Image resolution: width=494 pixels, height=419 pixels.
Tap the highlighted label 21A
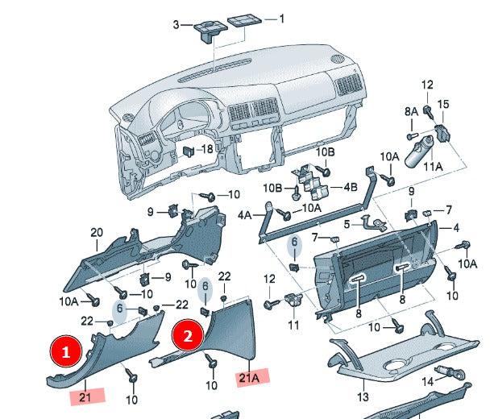tap(249, 377)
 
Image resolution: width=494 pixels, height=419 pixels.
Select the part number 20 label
tap(97, 234)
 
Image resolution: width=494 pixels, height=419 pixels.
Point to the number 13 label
tap(363, 397)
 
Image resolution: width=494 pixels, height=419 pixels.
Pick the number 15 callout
tap(442, 105)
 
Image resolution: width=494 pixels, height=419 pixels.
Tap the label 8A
tap(412, 110)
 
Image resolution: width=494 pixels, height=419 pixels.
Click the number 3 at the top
tap(176, 25)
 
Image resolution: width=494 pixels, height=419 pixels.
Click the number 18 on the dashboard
tap(207, 149)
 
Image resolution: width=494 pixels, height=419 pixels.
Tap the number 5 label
tap(346, 224)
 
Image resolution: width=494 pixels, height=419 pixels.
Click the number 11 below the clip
tap(293, 325)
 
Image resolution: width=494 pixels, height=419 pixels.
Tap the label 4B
tap(351, 187)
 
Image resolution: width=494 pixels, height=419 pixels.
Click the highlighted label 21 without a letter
tap(85, 396)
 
